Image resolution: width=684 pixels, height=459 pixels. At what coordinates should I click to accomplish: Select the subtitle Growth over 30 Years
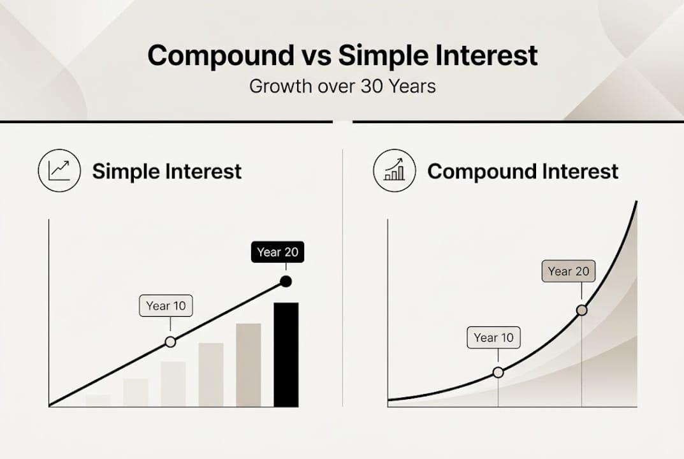click(342, 86)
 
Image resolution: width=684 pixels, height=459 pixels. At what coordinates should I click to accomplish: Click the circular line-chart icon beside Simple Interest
click(59, 171)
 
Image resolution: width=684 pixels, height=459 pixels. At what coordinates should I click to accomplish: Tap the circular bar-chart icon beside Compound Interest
click(394, 171)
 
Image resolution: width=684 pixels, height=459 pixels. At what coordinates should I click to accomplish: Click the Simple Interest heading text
click(167, 171)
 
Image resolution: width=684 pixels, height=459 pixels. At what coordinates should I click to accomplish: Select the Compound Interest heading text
click(523, 171)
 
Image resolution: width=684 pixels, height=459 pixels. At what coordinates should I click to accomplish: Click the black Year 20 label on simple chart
click(277, 252)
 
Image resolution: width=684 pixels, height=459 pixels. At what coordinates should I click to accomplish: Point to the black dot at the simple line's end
click(286, 281)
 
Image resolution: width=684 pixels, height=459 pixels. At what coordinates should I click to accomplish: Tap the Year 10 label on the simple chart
click(166, 306)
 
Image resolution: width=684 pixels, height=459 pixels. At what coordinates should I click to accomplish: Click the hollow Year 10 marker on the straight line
click(170, 342)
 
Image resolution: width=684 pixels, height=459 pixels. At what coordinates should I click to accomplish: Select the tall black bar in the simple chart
click(286, 354)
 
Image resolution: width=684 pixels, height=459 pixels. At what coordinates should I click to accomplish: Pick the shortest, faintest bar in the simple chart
click(98, 400)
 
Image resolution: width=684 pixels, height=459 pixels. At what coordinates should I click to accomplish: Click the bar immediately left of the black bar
click(249, 365)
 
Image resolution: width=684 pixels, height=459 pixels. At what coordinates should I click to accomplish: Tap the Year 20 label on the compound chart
click(569, 272)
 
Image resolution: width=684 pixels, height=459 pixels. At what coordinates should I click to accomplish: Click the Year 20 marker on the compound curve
click(581, 310)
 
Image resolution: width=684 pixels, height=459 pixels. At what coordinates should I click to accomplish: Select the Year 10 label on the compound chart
click(493, 338)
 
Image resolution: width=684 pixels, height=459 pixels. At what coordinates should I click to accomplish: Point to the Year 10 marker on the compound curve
click(498, 372)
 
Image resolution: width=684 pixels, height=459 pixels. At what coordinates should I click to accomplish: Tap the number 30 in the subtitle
click(371, 86)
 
